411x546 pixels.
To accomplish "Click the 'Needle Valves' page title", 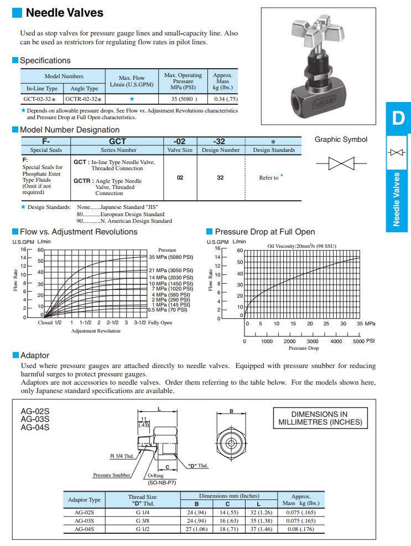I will point(64,12).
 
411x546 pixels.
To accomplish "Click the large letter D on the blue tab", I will point(398,118).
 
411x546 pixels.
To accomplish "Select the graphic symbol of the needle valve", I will point(341,163).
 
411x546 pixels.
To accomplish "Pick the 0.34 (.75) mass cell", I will point(226,99).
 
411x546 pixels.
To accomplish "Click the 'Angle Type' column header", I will point(85,88).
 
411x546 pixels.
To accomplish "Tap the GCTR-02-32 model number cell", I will point(84,99).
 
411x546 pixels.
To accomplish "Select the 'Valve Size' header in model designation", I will point(180,150).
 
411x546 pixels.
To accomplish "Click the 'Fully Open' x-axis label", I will point(159,323).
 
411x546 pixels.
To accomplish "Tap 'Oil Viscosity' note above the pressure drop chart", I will point(301,246).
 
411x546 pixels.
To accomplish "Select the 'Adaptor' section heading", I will point(34,355).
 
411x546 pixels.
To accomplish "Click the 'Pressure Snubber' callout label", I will point(112,475).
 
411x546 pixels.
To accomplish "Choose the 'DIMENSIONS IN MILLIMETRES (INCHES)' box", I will point(319,418).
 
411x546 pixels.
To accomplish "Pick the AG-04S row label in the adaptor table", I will point(84,529).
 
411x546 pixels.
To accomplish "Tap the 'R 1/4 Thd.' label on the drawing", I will point(122,456).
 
